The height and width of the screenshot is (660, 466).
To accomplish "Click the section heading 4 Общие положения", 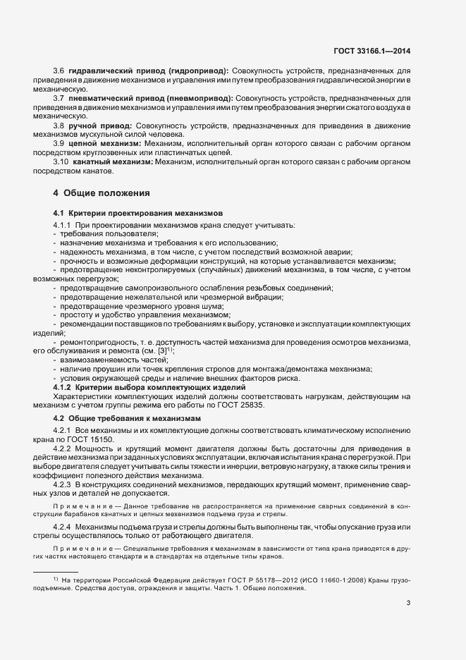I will pos(101,192).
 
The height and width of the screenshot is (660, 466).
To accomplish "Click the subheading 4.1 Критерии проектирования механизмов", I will pos(138,212).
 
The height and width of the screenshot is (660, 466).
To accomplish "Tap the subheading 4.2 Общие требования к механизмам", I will pos(128,418).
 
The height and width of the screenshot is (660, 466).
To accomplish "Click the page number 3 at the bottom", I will pos(408,602).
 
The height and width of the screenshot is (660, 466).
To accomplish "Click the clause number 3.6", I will pos(59,71).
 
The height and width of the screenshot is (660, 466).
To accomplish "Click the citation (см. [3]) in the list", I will pos(159,350).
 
